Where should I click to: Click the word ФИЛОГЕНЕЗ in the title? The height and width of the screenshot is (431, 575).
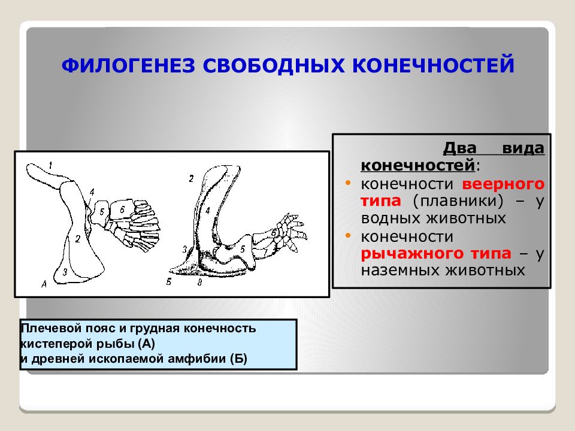[x=128, y=65]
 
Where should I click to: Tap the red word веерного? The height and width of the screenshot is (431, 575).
[x=503, y=184]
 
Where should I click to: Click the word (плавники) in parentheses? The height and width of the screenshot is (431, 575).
[x=458, y=201]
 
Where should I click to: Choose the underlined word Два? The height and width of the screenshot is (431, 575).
[x=459, y=148]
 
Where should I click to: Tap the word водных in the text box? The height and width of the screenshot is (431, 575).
[x=391, y=218]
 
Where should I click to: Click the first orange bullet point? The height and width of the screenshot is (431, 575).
[x=348, y=183]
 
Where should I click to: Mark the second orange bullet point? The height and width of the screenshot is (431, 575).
[x=348, y=235]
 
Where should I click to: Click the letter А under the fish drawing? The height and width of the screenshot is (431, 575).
[x=44, y=283]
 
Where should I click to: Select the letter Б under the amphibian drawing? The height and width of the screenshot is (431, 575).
[x=169, y=282]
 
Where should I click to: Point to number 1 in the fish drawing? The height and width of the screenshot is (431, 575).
[x=50, y=165]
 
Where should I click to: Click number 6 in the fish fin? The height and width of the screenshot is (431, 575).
[x=122, y=210]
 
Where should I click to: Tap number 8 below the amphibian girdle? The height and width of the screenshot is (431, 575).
[x=200, y=282]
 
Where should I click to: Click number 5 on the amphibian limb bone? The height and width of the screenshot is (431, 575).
[x=243, y=249]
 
